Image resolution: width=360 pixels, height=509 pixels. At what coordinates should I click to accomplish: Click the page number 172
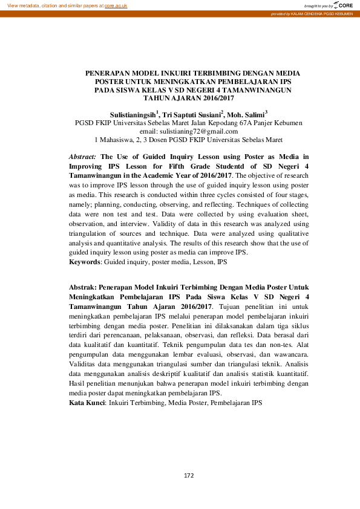pos(188,475)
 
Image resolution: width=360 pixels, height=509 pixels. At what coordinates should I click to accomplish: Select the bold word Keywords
pos(85,263)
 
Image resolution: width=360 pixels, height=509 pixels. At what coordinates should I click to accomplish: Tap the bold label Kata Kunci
pos(87,402)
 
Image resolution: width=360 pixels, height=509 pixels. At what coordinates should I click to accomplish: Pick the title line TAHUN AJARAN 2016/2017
pos(188,97)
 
